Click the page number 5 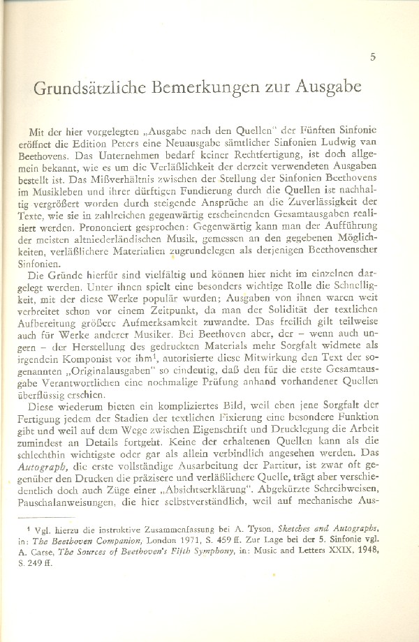coord(373,57)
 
